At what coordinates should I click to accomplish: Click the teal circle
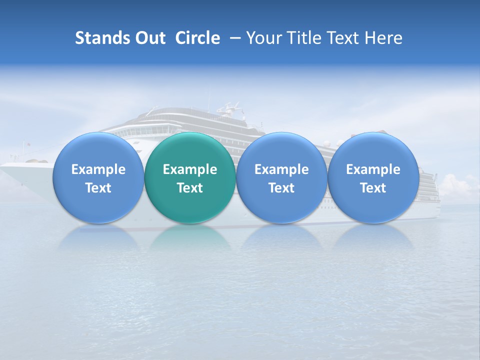190,178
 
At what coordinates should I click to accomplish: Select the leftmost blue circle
98,178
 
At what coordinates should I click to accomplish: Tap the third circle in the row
281,178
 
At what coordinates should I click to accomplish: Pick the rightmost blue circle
373,178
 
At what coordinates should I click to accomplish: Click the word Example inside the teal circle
190,169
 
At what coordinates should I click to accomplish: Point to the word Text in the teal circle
190,188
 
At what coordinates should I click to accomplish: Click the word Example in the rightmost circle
373,169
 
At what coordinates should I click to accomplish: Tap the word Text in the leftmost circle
98,188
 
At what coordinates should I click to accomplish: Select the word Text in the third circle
281,188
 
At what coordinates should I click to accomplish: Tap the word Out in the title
148,38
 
